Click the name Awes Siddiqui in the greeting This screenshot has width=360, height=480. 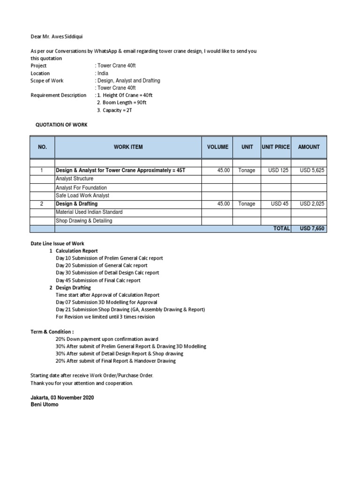68,36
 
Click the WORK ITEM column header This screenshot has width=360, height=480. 128,147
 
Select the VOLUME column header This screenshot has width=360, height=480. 218,147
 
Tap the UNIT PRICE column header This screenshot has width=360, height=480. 276,147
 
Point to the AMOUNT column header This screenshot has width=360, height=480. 309,147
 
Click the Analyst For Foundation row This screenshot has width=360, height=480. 81,187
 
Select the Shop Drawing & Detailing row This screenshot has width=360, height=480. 84,220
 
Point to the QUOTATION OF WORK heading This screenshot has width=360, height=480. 61,125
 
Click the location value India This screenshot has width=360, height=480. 102,73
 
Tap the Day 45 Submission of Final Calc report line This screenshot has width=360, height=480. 98,280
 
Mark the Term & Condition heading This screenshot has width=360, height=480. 52,331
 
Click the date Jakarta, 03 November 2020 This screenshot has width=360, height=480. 62,397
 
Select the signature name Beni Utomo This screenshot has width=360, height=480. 45,405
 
